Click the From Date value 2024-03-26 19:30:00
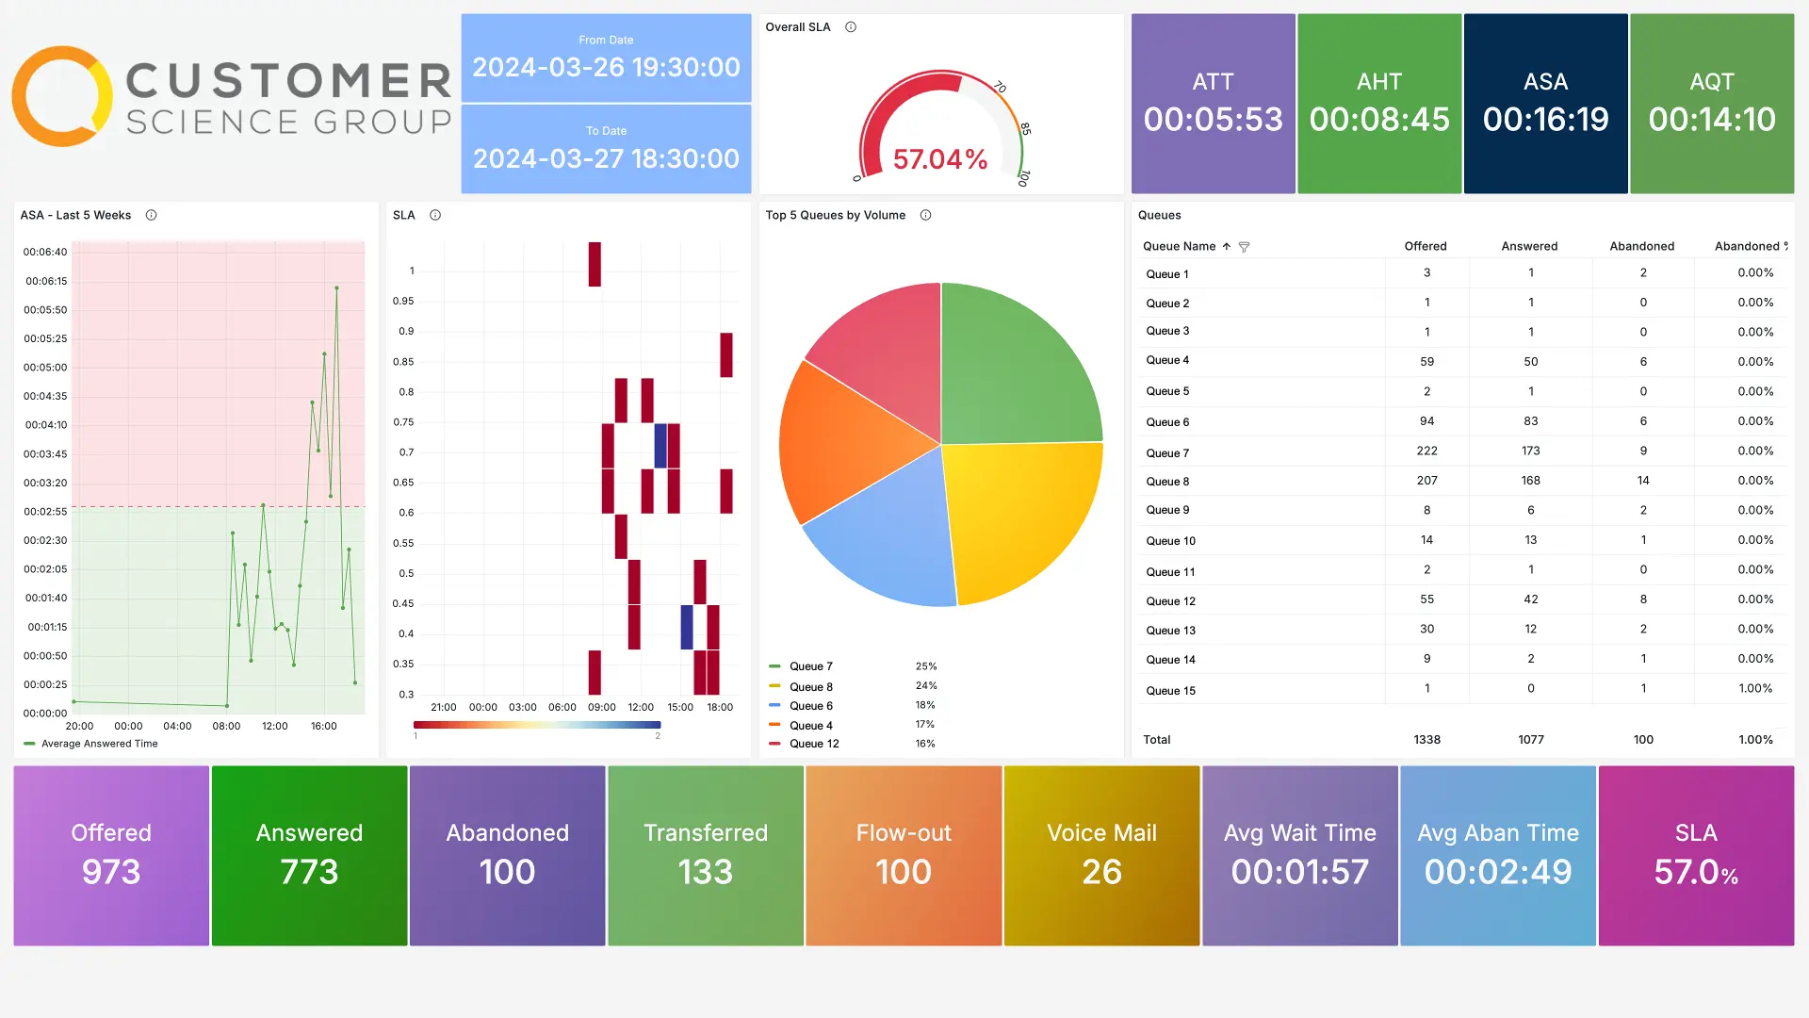coord(606,68)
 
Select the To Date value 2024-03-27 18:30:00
coord(606,158)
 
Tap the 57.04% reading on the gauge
coord(939,159)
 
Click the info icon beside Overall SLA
coord(851,27)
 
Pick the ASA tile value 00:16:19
coord(1545,120)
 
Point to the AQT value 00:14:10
coord(1711,120)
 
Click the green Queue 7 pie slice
coord(1018,368)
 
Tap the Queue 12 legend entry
coord(814,744)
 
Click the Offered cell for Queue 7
coord(1426,452)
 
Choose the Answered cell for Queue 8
coord(1530,481)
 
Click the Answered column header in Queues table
coord(1529,246)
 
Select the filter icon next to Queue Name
coord(1244,247)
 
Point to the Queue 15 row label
coord(1170,691)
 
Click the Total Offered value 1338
coord(1426,740)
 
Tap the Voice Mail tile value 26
coord(1101,872)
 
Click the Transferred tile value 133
coord(706,872)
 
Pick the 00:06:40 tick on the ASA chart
coord(45,252)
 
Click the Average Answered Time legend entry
coord(99,744)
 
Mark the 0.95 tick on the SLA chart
coord(403,302)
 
